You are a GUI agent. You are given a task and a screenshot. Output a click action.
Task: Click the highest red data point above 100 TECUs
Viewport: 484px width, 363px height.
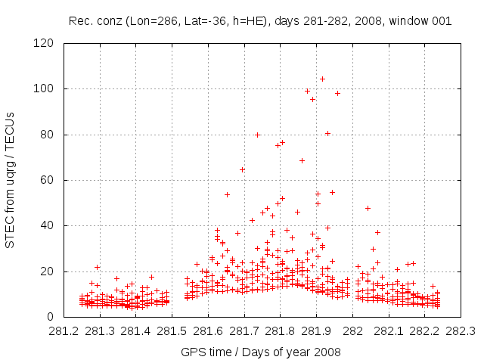pyautogui.click(x=322, y=79)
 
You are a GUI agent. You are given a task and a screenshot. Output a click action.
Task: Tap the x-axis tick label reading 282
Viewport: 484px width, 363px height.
pyautogui.click(x=352, y=330)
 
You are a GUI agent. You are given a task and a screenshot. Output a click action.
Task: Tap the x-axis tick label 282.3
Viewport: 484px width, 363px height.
pyautogui.click(x=461, y=330)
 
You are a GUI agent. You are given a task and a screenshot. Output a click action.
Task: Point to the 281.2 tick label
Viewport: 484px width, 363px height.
pyautogui.click(x=64, y=330)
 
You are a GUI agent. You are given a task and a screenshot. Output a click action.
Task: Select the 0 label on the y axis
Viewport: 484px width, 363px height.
pyautogui.click(x=54, y=317)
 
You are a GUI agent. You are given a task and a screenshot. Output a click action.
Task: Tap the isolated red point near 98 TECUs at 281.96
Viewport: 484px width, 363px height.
pyautogui.click(x=337, y=93)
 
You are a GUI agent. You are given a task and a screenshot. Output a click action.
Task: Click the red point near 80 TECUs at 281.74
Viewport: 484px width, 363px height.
pyautogui.click(x=257, y=135)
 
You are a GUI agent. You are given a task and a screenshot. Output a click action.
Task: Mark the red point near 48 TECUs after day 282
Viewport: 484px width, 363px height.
pyautogui.click(x=368, y=208)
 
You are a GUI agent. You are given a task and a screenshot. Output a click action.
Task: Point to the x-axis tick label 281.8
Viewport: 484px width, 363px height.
pyautogui.click(x=280, y=330)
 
